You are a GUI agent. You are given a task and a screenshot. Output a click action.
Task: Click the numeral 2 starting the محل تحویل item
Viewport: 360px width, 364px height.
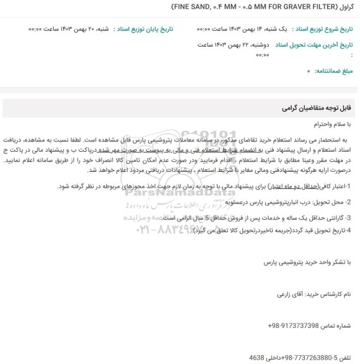[350, 202]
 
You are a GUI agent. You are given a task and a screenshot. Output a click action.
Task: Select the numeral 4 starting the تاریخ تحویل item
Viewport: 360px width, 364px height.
[350, 229]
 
